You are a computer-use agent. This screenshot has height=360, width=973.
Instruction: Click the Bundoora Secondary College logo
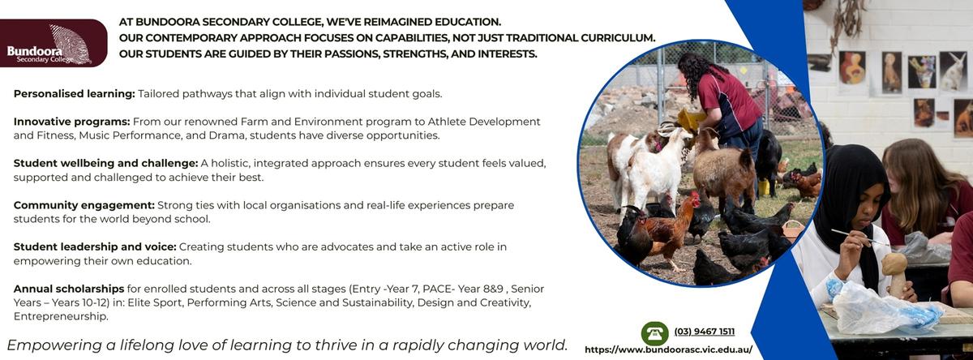(54, 43)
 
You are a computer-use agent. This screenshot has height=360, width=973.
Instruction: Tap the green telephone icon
(654, 333)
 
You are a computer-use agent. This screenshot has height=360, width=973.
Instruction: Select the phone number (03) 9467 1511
(704, 332)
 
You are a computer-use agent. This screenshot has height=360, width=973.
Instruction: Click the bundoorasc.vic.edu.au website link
(668, 349)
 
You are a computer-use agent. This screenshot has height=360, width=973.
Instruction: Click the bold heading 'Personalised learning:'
(75, 94)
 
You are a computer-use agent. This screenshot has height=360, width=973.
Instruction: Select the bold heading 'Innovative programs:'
(71, 122)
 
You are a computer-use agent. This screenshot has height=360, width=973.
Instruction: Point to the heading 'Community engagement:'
(84, 205)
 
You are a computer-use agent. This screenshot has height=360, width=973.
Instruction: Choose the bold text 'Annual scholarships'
(69, 289)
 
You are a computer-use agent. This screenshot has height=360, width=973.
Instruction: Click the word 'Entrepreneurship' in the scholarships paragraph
(61, 316)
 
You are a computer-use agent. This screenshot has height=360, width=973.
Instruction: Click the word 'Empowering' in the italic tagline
(53, 345)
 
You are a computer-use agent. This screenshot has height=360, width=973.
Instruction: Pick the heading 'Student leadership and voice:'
(95, 246)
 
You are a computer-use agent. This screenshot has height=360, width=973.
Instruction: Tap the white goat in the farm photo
(656, 169)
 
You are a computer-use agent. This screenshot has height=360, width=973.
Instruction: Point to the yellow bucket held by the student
(691, 118)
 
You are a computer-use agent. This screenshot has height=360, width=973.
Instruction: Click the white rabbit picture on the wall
(954, 71)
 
